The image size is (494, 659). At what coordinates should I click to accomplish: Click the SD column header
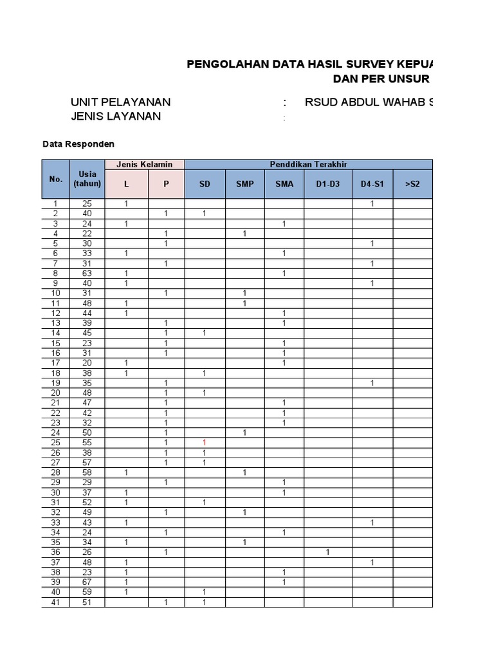click(205, 184)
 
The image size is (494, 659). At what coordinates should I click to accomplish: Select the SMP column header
click(244, 184)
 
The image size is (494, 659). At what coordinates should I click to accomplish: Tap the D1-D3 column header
click(328, 184)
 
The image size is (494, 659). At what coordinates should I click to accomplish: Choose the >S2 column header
click(412, 184)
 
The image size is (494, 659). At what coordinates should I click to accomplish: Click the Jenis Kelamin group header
click(145, 165)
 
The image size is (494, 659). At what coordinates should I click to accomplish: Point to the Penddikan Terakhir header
click(309, 165)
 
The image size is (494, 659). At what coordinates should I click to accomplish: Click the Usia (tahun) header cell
click(87, 179)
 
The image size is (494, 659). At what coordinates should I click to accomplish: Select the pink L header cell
click(127, 184)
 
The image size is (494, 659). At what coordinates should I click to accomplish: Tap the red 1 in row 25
click(205, 443)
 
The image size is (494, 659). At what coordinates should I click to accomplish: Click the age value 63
click(87, 274)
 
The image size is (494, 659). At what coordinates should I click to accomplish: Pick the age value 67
click(87, 582)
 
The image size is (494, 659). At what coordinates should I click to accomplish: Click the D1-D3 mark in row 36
click(327, 552)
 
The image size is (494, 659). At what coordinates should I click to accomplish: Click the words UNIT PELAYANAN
click(120, 102)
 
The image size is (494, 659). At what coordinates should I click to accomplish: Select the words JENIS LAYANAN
click(116, 116)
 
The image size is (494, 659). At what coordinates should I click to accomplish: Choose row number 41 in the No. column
click(55, 602)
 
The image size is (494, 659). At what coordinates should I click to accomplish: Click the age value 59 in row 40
click(87, 592)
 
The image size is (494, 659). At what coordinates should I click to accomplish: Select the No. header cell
click(55, 179)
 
